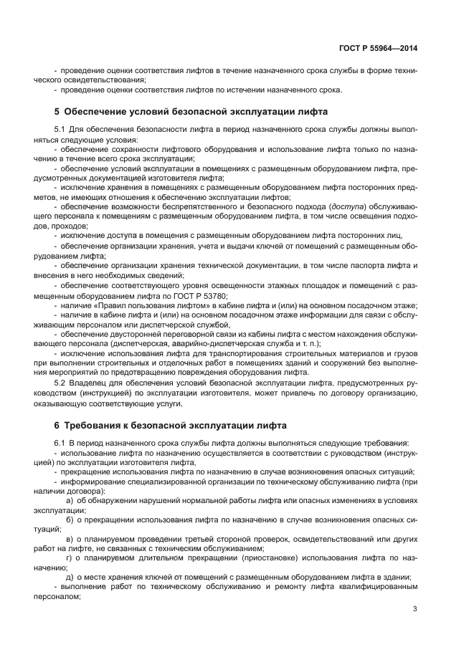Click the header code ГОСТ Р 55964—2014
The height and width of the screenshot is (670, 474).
click(379, 49)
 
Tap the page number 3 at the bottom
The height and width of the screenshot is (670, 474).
click(415, 609)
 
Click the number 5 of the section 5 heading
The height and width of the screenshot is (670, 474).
click(57, 113)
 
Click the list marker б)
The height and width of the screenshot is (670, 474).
click(70, 519)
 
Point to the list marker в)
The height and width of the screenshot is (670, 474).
click(70, 538)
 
